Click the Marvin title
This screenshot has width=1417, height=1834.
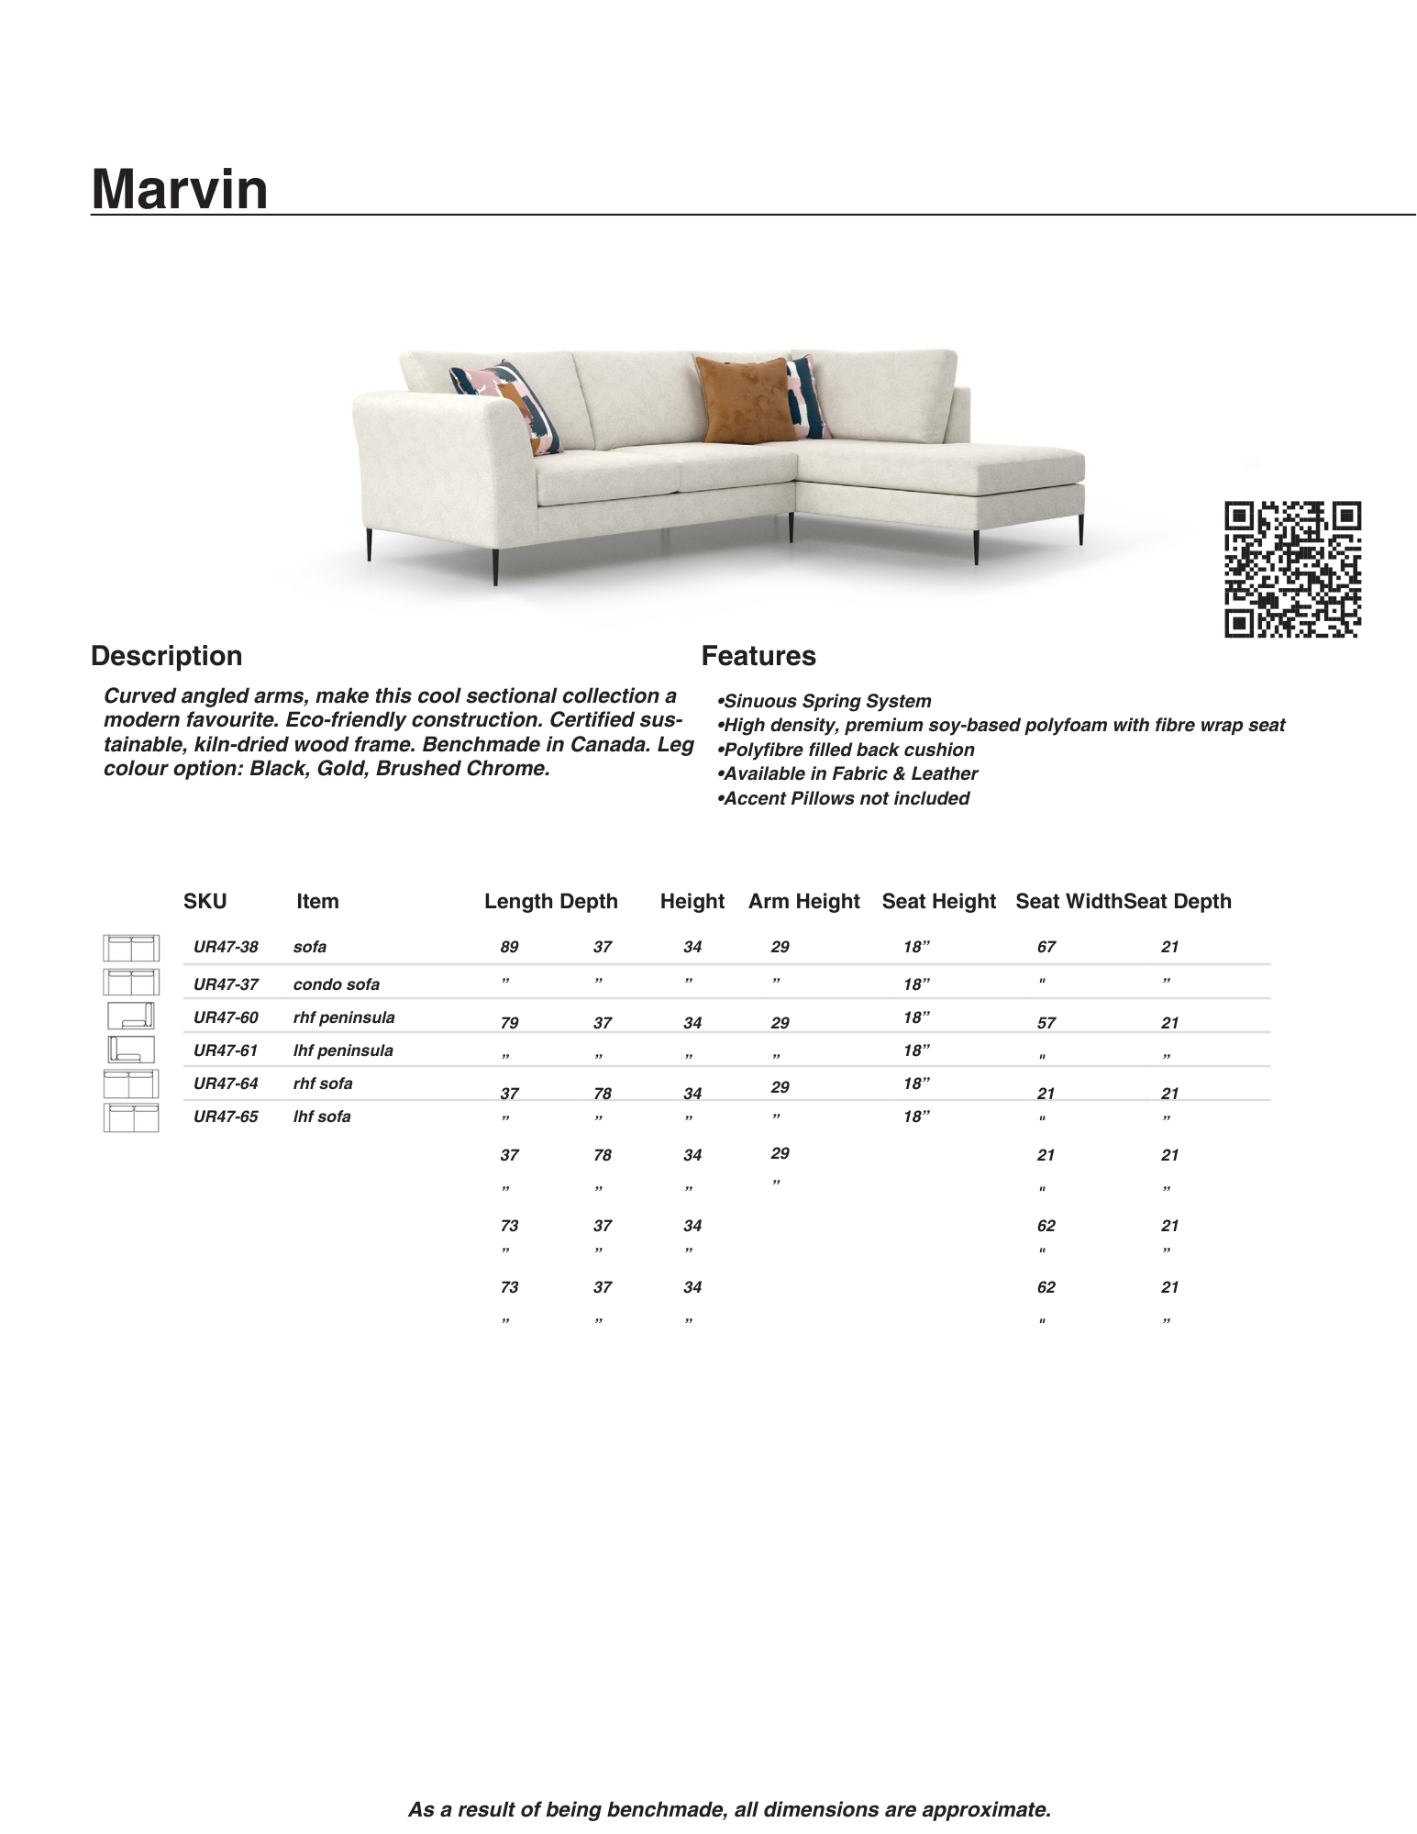[x=180, y=189]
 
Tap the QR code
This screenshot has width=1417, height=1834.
[x=1292, y=569]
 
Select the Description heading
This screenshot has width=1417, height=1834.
[x=167, y=656]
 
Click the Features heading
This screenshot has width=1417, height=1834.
[x=758, y=656]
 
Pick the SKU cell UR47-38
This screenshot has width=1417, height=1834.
[x=226, y=947]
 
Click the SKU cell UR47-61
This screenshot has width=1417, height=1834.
[x=226, y=1050]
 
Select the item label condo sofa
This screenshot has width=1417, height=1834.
[x=336, y=984]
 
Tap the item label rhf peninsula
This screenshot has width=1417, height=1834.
[x=344, y=1017]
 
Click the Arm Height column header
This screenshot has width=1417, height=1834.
[x=803, y=902]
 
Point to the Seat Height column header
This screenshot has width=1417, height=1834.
[x=938, y=902]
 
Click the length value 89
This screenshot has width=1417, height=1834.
[x=509, y=947]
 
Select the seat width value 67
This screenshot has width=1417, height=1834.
[x=1046, y=947]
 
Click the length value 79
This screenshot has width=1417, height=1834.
[x=509, y=1023]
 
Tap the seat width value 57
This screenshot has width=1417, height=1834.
[x=1046, y=1023]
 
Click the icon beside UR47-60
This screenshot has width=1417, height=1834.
[x=130, y=1017]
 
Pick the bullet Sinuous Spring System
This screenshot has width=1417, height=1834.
[x=825, y=701]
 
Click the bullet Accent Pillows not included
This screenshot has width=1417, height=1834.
[x=844, y=798]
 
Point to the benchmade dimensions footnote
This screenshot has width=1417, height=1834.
[x=729, y=1809]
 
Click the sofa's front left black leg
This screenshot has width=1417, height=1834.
[x=495, y=565]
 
